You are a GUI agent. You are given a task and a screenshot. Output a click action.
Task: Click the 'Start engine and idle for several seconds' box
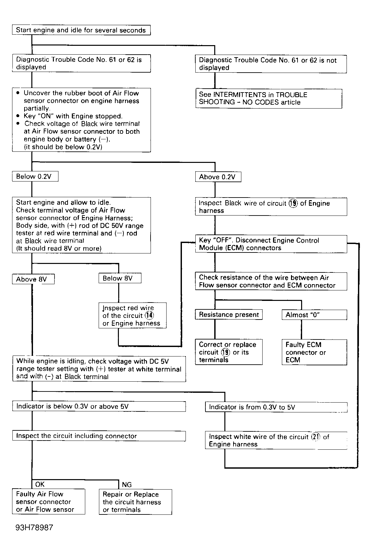click(81, 30)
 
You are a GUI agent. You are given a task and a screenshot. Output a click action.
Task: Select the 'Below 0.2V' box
click(35, 177)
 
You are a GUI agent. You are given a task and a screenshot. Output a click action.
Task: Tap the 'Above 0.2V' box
click(218, 177)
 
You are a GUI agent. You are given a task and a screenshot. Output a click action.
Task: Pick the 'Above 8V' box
click(33, 279)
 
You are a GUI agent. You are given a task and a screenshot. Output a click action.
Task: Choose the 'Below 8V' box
click(120, 278)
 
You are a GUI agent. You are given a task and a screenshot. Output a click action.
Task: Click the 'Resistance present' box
click(229, 315)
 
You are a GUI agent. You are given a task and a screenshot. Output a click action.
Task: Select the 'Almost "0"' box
click(314, 315)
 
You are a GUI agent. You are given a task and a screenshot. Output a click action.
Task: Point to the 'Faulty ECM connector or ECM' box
click(314, 352)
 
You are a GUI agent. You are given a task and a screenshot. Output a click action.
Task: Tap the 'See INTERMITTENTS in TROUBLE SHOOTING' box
click(268, 98)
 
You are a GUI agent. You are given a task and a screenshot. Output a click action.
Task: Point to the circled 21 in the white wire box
click(315, 437)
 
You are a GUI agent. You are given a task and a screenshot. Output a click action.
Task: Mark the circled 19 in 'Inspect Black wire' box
click(293, 203)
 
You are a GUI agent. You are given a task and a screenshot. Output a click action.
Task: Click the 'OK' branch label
click(40, 484)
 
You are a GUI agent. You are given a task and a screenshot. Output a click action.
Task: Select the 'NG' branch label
click(127, 485)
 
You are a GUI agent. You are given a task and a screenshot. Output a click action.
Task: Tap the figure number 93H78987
click(34, 528)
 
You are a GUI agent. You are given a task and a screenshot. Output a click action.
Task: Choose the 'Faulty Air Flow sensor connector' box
click(48, 502)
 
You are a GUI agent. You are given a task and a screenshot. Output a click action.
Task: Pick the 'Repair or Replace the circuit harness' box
click(135, 502)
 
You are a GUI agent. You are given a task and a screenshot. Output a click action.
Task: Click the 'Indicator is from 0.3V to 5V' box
click(276, 407)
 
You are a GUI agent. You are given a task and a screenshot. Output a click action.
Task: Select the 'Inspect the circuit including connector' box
click(99, 436)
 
